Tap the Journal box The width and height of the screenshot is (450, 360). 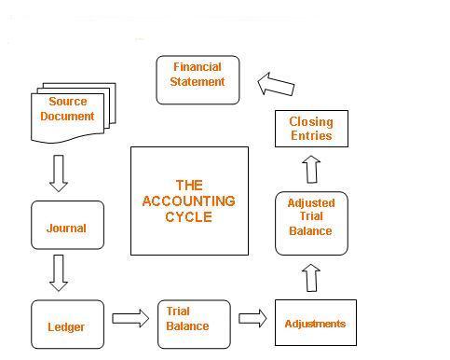[x=66, y=226]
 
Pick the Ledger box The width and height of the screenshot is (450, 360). [x=66, y=325]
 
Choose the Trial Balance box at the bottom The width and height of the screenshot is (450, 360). [x=194, y=324]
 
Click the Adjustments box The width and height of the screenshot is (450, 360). [x=315, y=323]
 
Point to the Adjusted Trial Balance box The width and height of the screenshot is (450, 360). [x=311, y=223]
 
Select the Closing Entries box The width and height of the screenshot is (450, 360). [x=310, y=128]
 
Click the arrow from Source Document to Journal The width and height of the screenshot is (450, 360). [x=59, y=172]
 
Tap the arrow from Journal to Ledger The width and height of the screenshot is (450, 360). [x=59, y=271]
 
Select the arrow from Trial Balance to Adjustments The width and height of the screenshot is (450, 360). [x=252, y=318]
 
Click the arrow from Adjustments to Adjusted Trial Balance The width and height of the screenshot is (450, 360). [x=311, y=278]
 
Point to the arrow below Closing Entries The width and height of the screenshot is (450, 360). [x=311, y=170]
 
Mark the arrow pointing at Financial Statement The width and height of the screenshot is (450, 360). [x=276, y=85]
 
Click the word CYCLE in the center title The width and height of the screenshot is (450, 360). [x=188, y=216]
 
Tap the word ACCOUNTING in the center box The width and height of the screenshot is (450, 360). [x=188, y=201]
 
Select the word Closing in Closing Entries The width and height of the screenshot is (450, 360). [x=310, y=121]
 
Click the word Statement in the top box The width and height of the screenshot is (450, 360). [x=198, y=81]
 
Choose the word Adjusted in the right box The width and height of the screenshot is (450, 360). [x=311, y=202]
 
